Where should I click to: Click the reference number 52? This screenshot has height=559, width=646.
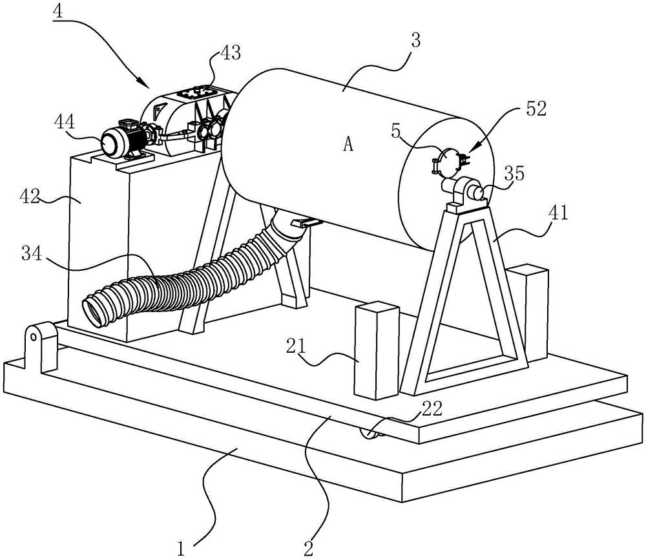coord(536,109)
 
